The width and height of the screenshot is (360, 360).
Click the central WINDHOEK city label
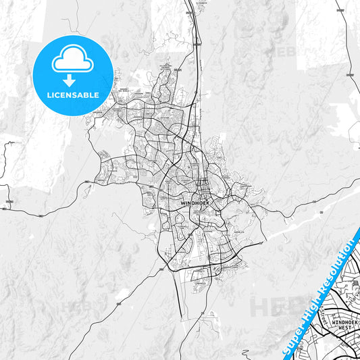[196, 201]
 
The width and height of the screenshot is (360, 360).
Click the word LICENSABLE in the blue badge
[72, 95]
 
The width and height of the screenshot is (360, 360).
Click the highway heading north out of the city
[200, 41]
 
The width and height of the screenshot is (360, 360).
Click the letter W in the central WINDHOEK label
[183, 201]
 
